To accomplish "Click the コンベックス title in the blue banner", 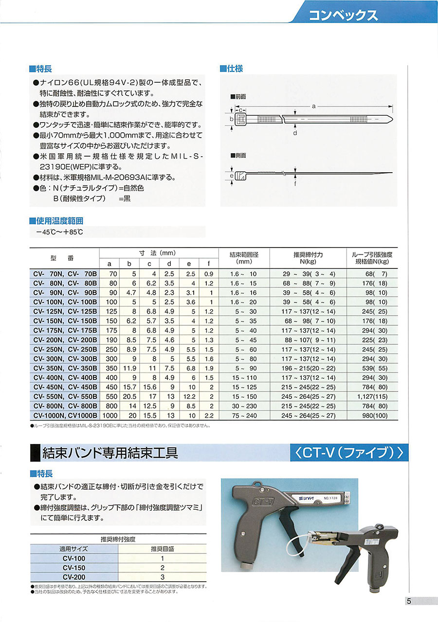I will coord(344,15).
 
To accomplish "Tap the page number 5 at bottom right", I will coord(409,601).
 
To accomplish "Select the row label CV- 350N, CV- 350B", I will coord(65,368).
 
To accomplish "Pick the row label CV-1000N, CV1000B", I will coord(65,415).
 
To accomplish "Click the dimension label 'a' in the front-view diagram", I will coord(314,106).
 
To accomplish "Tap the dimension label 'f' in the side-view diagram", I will coord(295,184).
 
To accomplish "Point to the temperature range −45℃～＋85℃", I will coord(59,232).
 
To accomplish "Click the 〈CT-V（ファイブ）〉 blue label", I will coord(348,453).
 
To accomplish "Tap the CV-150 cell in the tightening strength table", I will coord(74,567).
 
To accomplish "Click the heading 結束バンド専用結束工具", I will coord(110,453).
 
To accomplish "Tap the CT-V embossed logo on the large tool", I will coord(263,499).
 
